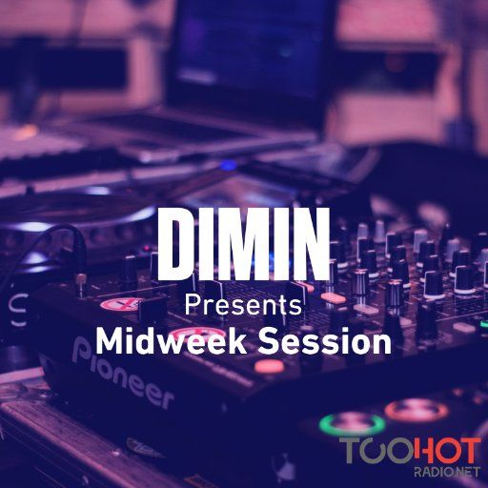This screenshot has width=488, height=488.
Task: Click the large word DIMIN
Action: pyautogui.click(x=243, y=244)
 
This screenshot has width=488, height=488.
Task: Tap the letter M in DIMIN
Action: pyautogui.click(x=242, y=244)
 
